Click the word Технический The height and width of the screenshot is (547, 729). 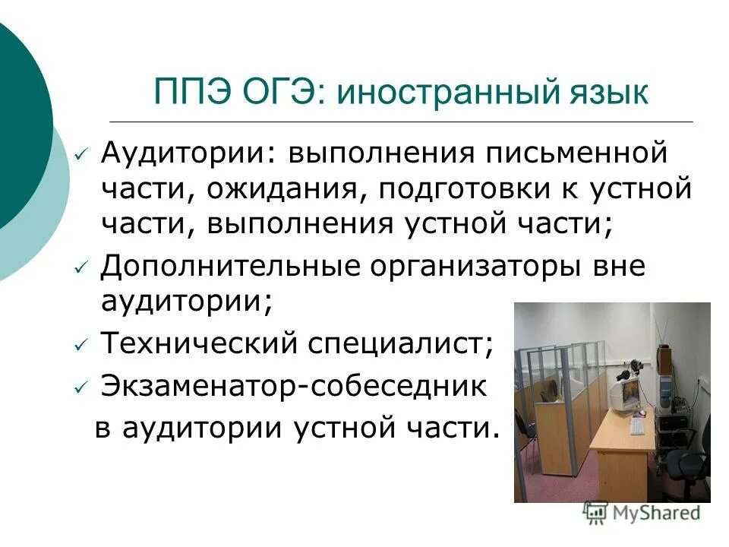[199, 345]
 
